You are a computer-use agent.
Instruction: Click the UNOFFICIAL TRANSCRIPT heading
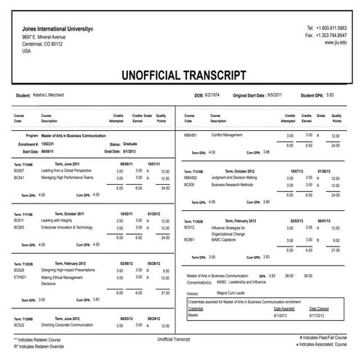click(180, 74)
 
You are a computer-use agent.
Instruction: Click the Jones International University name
click(57, 28)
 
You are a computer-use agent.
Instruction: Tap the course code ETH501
click(20, 277)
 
